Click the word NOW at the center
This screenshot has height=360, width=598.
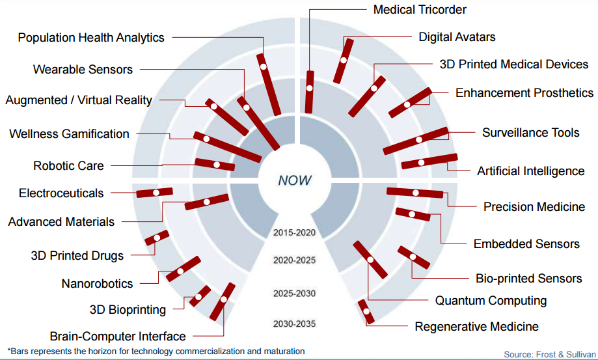[294, 180]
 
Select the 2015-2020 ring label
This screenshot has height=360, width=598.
[294, 232]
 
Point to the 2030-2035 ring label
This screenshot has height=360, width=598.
[294, 324]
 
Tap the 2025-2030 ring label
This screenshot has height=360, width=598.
[294, 293]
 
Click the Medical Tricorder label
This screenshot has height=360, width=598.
[420, 10]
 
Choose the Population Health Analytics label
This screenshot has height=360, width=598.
[91, 38]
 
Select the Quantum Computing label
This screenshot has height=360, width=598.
[491, 301]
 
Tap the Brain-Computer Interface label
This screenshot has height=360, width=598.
[118, 337]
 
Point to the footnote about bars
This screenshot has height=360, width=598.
[156, 352]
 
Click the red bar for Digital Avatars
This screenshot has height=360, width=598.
[343, 61]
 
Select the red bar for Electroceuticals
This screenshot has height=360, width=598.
[154, 193]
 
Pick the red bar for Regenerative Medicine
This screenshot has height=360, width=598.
[366, 312]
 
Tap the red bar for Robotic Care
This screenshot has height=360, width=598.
[215, 164]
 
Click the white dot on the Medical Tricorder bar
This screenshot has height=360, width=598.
[310, 89]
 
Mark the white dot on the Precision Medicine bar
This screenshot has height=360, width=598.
[416, 193]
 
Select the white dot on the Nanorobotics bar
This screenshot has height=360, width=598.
[180, 271]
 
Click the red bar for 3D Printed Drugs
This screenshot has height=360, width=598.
[157, 238]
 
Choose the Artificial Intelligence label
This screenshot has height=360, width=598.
[530, 171]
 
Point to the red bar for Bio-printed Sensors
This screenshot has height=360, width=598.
[414, 257]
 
